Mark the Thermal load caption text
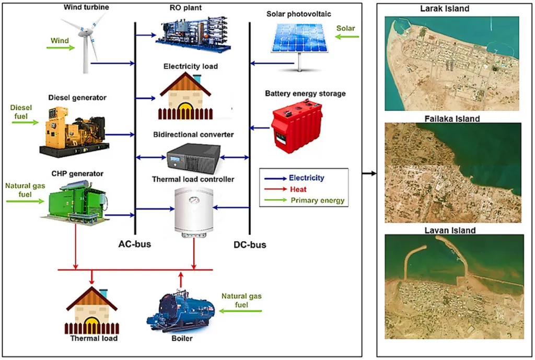(x=94, y=338)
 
